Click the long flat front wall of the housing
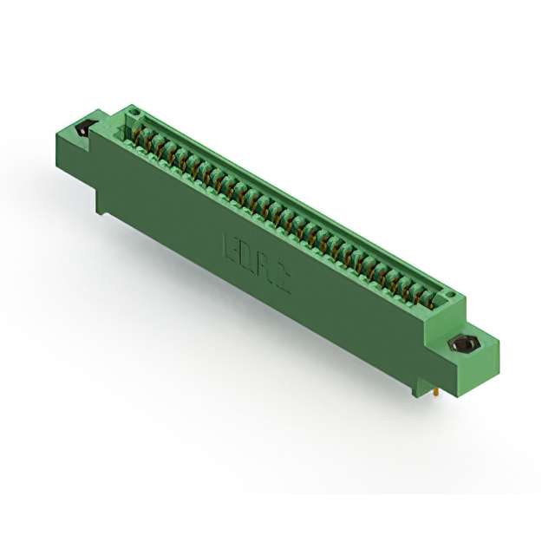(260, 277)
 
